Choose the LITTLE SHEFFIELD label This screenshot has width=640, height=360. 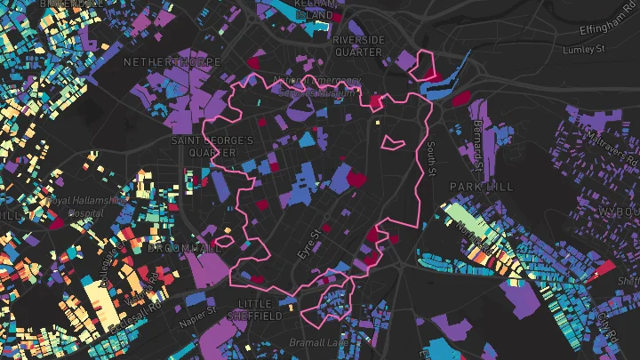tap(255, 309)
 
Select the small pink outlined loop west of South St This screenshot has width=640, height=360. tap(391, 141)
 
